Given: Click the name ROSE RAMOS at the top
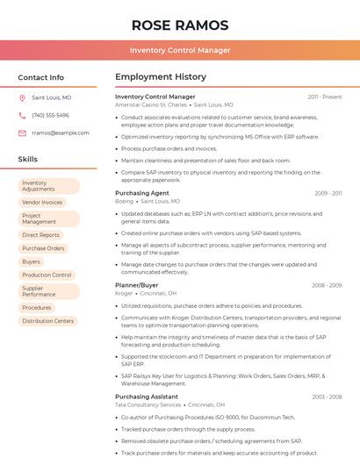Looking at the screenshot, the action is [x=180, y=25].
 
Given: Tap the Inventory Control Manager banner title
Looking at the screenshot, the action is [x=180, y=50].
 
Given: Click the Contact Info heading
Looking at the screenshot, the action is [x=41, y=77].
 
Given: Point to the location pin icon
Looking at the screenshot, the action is [x=22, y=98].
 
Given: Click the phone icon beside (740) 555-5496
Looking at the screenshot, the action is [x=22, y=116].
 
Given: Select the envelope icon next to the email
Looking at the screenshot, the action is [x=22, y=133].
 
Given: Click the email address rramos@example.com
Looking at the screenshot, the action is [x=61, y=133].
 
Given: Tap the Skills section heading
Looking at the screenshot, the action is [x=28, y=160].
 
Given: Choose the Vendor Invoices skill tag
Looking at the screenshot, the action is [x=42, y=202].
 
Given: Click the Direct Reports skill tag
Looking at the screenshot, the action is [x=40, y=235].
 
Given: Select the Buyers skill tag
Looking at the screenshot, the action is [x=31, y=261].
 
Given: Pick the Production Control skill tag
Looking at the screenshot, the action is [x=47, y=275].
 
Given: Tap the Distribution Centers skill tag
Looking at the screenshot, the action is [x=47, y=321].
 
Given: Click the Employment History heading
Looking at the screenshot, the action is [x=161, y=77].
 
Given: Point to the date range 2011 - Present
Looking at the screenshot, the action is [x=325, y=97].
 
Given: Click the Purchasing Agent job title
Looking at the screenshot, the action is [x=142, y=193].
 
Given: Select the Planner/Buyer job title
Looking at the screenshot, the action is [x=137, y=285].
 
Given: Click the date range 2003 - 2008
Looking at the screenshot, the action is [x=327, y=397].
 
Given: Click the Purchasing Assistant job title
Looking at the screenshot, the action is [x=147, y=397].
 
